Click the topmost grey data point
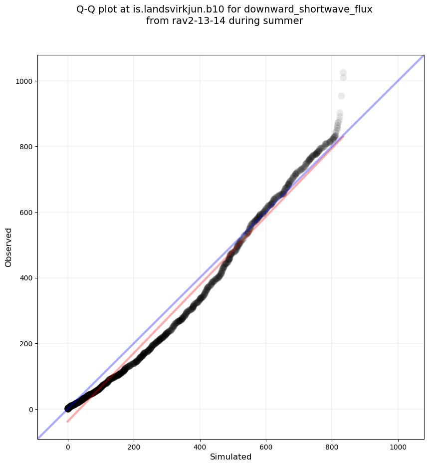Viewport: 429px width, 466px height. [x=343, y=73]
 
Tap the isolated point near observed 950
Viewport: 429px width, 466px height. [x=341, y=96]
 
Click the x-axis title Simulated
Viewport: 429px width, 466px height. [x=230, y=457]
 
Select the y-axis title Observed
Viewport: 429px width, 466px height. [x=8, y=247]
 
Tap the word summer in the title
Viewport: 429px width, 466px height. [x=285, y=21]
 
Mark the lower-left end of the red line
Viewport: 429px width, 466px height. [x=68, y=422]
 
